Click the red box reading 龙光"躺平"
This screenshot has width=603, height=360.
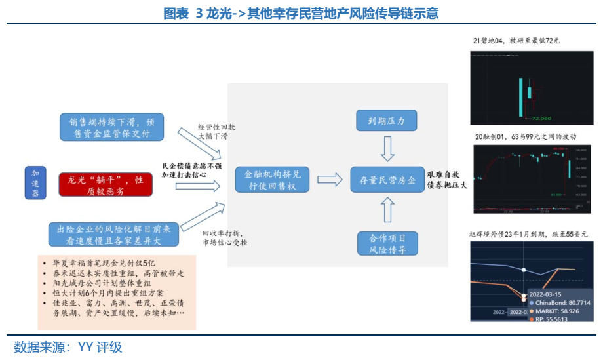[106, 184]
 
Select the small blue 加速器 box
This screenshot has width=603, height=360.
[35, 182]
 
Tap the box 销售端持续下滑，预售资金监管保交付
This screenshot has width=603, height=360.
[111, 128]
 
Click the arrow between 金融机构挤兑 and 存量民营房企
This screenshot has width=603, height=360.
[330, 179]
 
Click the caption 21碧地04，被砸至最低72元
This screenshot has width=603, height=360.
[516, 41]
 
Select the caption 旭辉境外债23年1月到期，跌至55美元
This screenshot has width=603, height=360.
[528, 234]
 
